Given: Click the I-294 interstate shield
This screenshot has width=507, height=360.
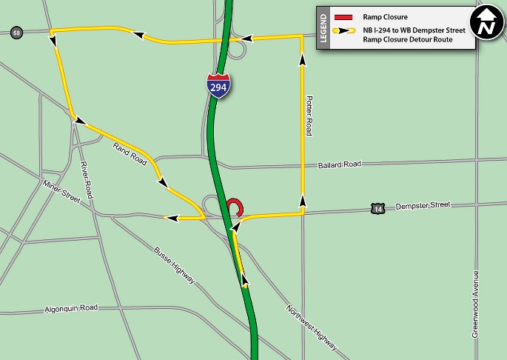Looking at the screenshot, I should (x=218, y=84).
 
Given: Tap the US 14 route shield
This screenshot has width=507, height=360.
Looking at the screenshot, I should (x=378, y=209).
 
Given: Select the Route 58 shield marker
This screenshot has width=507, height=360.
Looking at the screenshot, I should (x=16, y=32).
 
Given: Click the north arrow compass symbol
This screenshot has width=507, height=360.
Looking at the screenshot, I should (x=485, y=24).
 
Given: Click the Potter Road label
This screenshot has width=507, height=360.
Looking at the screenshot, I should (x=309, y=115).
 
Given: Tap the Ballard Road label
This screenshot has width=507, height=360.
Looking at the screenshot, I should (x=339, y=164).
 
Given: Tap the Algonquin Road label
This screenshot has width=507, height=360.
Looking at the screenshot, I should (x=71, y=307).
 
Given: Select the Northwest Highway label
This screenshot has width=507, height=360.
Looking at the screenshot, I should (x=312, y=327).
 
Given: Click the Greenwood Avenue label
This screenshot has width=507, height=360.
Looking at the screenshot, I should (x=475, y=304).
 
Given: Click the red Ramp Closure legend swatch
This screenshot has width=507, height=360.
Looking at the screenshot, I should (x=343, y=16).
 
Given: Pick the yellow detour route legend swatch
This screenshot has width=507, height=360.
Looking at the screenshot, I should (x=343, y=31).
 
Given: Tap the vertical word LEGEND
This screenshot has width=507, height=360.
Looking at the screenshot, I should (x=323, y=29).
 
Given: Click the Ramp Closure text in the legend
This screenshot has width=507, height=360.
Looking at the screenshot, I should (x=385, y=16).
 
